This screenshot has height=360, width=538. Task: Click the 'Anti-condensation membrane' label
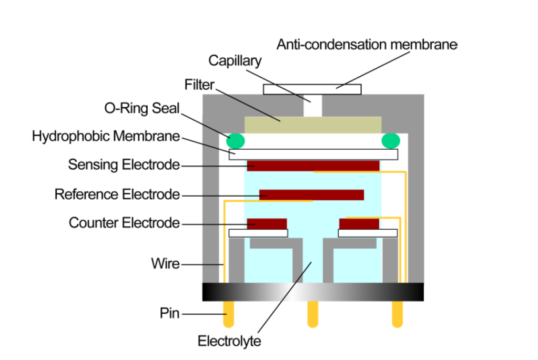coord(367,44)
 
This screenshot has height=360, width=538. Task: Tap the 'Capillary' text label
coord(235,61)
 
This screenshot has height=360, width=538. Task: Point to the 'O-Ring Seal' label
coord(142,108)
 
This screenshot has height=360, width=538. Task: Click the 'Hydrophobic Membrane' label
coord(106,136)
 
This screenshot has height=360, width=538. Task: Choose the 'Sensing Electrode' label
coord(124,164)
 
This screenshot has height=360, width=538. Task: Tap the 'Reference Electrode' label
coord(117,194)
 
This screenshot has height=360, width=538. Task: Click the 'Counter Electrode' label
coord(124,223)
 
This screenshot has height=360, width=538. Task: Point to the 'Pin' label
coord(170,314)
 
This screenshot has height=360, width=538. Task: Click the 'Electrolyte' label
coord(229,341)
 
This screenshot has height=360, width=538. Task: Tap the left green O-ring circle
coord(236,141)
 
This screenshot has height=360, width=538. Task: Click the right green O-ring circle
coord(391,141)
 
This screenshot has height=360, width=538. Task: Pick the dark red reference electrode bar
coord(311,194)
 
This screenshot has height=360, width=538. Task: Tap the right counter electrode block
coord(359,224)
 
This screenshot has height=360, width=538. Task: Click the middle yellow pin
coord(313,314)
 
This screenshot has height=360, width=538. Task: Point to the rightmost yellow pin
coord(398,314)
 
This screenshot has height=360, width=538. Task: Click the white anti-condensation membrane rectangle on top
coord(312,89)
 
